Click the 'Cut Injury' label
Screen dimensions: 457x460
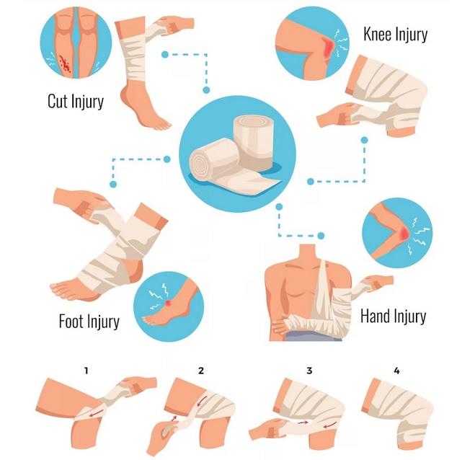[x=76, y=101]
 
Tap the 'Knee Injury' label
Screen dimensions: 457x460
[x=396, y=35]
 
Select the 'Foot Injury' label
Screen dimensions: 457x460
[x=89, y=321]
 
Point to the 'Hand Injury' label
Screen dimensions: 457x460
[x=393, y=317]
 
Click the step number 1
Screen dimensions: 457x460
[x=86, y=371]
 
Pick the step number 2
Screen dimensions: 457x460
[x=201, y=371]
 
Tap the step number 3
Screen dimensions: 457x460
[x=309, y=371]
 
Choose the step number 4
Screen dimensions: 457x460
[x=396, y=371]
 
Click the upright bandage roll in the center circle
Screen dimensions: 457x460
[x=254, y=143]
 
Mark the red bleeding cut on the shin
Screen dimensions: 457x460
[x=65, y=63]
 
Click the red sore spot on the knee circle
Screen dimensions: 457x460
[x=328, y=47]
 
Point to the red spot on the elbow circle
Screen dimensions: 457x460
[x=404, y=233]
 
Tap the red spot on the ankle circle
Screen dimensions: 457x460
[x=168, y=303]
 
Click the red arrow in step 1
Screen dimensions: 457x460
[x=97, y=412]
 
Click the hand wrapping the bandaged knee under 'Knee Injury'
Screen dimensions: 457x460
[x=337, y=115]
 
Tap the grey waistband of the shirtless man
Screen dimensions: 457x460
[x=314, y=335]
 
